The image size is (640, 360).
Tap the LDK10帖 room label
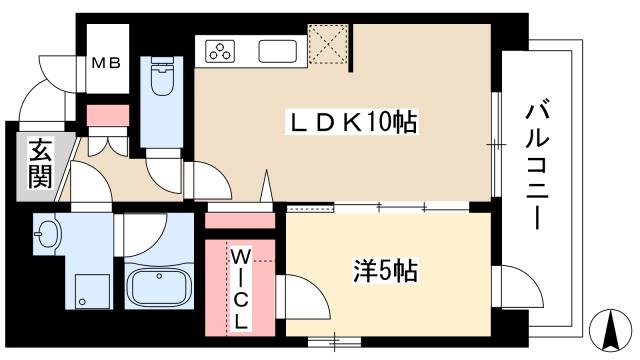click(352, 123)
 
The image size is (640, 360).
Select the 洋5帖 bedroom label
click(385, 270)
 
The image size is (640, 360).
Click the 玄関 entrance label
click(39, 165)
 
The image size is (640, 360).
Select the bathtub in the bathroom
click(160, 289)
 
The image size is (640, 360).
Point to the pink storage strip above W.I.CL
click(240, 220)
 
